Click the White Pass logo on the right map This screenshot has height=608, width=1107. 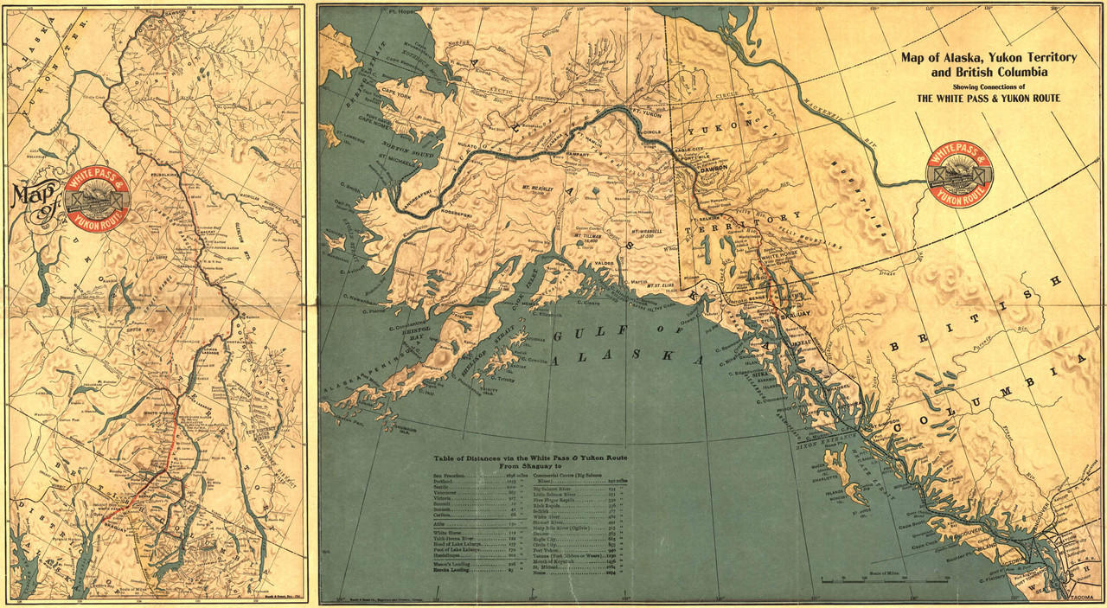pyautogui.click(x=959, y=173)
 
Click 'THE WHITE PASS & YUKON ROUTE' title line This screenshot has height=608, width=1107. pyautogui.click(x=989, y=98)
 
